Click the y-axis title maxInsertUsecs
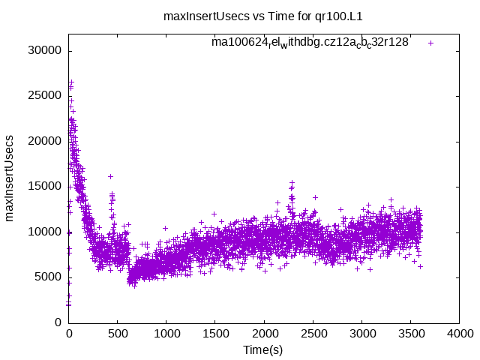tap(10, 178)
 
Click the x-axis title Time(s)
tap(262, 349)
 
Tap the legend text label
tap(310, 42)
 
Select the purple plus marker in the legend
tap(430, 43)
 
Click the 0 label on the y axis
tap(58, 322)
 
